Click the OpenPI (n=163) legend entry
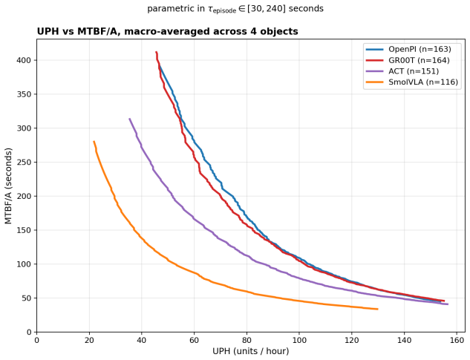408,49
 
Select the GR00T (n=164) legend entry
408,60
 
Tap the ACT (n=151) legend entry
402,71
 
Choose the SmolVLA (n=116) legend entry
412,82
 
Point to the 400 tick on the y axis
24,60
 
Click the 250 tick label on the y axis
24,162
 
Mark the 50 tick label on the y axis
26,298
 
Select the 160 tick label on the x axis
457,340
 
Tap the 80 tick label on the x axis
247,340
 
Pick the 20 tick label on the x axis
89,340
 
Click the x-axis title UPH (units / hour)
250,351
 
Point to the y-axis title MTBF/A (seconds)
8,186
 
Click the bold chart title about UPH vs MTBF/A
167,31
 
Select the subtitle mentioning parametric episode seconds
235,9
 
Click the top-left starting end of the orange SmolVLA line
94,141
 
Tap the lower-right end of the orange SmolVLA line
378,309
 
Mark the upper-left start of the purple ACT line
129,119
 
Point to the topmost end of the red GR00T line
156,52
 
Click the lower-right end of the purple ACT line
448,304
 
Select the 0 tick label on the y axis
29,332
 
